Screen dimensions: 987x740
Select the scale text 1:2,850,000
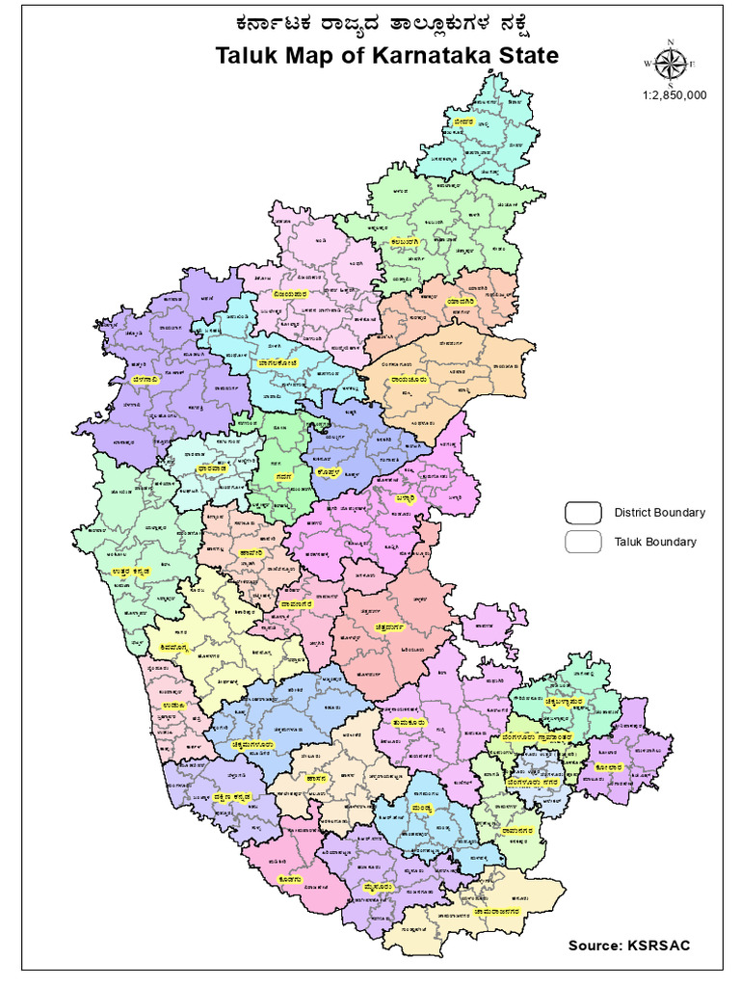coord(674,95)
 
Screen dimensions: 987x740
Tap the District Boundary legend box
coord(582,512)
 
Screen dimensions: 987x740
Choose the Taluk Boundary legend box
coord(582,542)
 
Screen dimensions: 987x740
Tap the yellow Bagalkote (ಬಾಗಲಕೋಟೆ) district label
coord(278,362)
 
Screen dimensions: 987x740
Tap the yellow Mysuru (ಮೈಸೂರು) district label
coord(376,884)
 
